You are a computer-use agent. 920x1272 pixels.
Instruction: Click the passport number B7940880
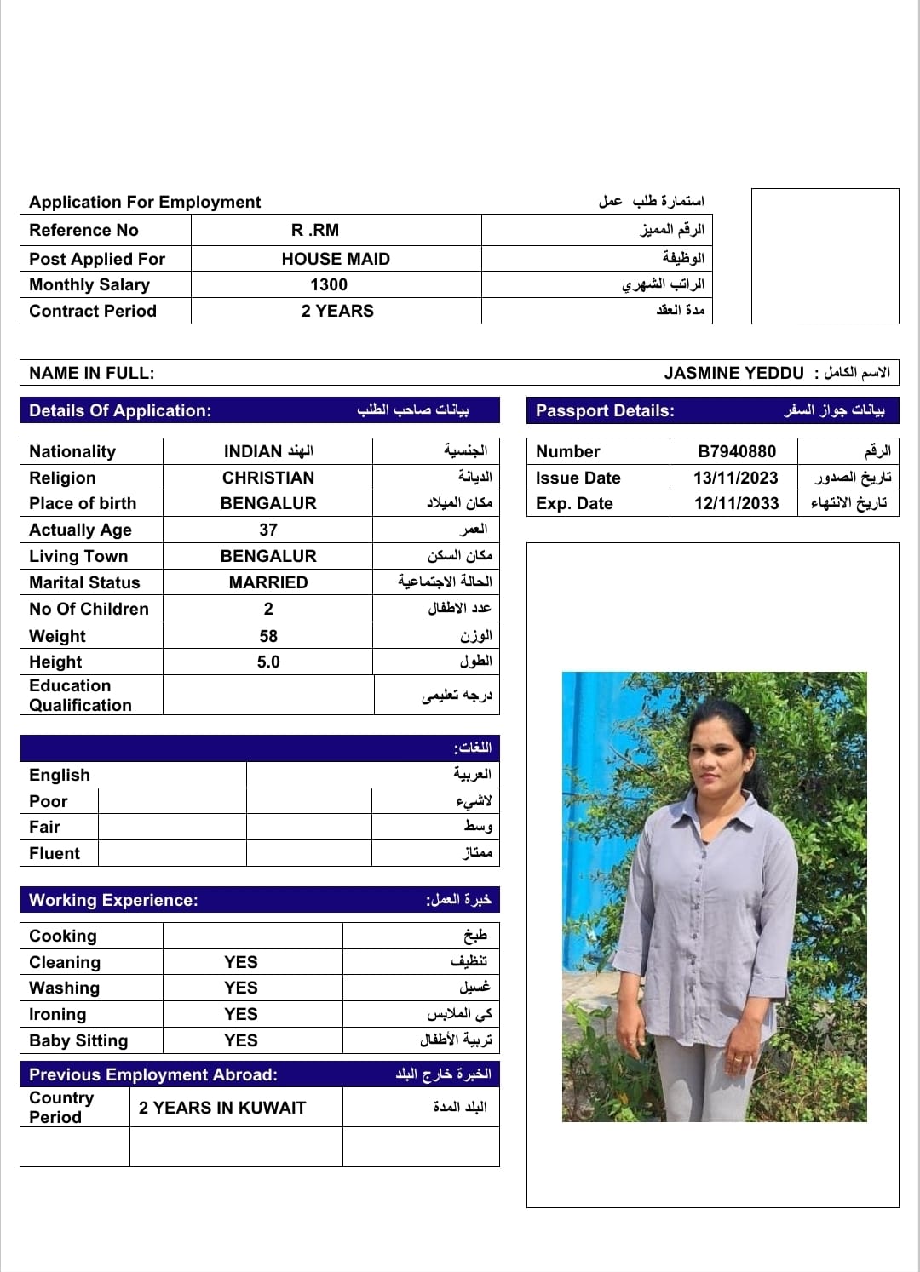[736, 451]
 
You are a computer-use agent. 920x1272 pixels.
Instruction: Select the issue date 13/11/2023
[736, 478]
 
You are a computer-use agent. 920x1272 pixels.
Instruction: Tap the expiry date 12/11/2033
[736, 503]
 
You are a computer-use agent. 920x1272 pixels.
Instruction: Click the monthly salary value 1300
[329, 284]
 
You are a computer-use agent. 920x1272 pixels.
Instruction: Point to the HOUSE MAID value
[336, 259]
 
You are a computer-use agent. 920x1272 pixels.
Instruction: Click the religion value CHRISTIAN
[268, 478]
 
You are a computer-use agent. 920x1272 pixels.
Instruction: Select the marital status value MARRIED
[268, 582]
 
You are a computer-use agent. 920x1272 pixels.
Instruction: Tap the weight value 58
[268, 636]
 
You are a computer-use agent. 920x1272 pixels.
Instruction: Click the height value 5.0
[268, 662]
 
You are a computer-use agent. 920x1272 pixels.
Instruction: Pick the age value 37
[268, 530]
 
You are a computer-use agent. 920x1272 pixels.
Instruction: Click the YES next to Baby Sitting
[241, 1040]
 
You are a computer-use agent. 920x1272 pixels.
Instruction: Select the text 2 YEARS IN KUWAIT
[222, 1108]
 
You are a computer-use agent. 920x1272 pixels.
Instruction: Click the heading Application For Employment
[145, 202]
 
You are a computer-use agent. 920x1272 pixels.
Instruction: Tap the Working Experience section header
[113, 900]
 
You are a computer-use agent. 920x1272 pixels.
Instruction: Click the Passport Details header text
[605, 410]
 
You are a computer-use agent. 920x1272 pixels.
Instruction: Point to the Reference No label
[83, 230]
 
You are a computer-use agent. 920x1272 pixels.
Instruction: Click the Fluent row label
[55, 853]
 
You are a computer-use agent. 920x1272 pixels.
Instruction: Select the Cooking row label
[63, 936]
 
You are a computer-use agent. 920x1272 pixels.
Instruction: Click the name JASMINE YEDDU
[733, 373]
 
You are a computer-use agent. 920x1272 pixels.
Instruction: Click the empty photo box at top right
[825, 255]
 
